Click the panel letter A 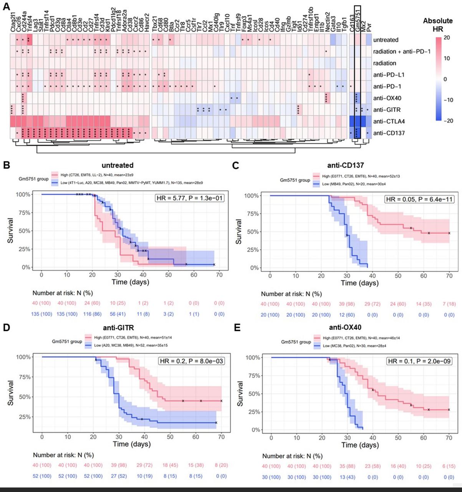click(7, 7)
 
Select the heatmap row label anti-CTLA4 click(389, 121)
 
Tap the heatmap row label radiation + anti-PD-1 click(402, 52)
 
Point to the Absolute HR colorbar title click(438, 25)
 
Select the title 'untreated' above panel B click(118, 165)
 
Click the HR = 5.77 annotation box click(189, 198)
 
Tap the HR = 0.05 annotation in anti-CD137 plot click(418, 199)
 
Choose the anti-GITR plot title click(118, 328)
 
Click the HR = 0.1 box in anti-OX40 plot click(419, 361)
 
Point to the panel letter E click(237, 328)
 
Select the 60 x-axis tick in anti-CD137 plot click(424, 276)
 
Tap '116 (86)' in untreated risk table click(92, 314)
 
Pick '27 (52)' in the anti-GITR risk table click(119, 476)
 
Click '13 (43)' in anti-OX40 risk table click(347, 477)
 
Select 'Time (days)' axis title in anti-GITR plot click(131, 444)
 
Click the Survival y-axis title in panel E click(240, 394)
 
